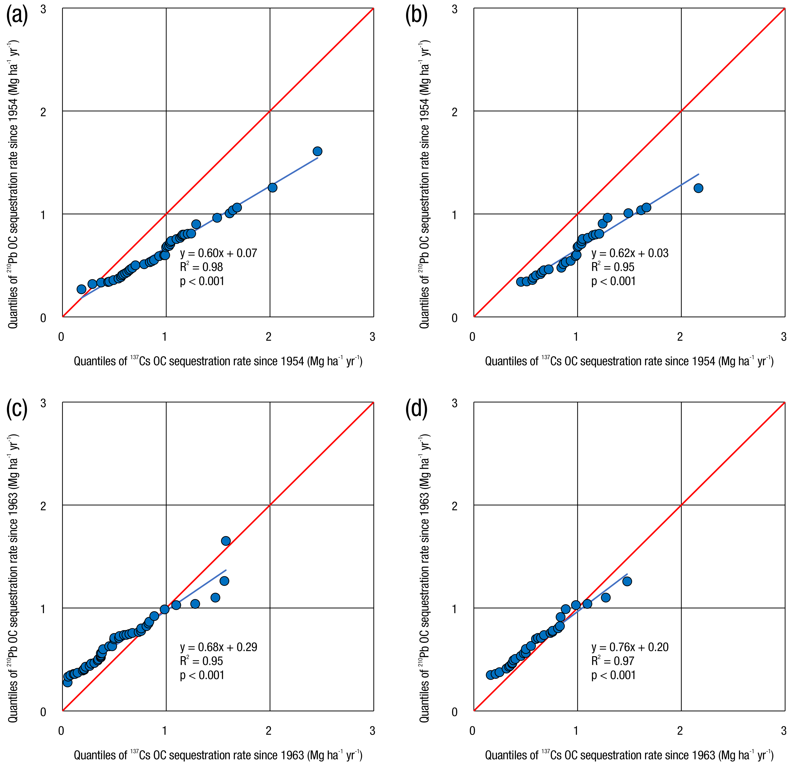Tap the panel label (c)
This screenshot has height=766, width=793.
[x=17, y=410]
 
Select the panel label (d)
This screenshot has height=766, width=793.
[x=416, y=410]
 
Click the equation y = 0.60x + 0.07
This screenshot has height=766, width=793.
[x=219, y=253]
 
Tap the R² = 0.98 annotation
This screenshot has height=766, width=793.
[x=201, y=267]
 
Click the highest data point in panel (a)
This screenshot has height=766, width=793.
[x=318, y=151]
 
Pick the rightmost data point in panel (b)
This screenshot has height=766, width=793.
[x=698, y=188]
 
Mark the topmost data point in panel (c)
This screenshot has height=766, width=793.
[x=226, y=541]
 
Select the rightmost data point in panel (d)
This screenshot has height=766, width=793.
[x=627, y=582]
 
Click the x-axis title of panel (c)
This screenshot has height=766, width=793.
[x=218, y=755]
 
